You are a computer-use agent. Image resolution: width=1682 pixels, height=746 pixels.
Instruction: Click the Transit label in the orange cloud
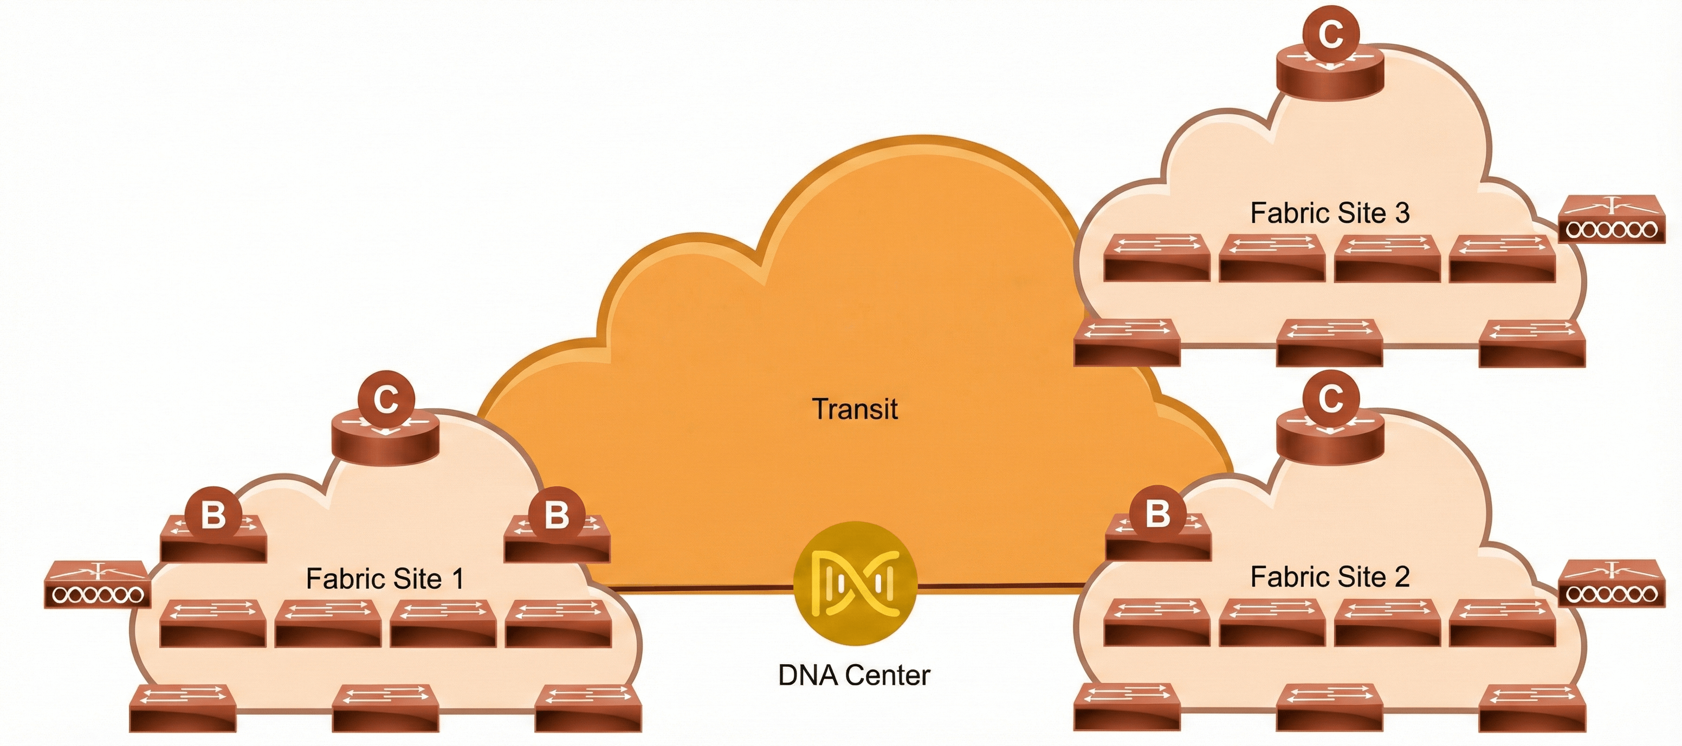tap(854, 409)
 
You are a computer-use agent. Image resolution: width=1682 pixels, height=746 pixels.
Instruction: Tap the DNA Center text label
tap(854, 676)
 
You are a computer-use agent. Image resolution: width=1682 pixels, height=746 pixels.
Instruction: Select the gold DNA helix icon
tap(855, 583)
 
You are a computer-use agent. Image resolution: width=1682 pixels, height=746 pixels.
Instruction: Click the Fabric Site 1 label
tap(385, 579)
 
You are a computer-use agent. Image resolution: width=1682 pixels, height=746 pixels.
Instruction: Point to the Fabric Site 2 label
tap(1329, 577)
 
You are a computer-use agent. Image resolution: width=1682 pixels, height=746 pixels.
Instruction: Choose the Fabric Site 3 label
tap(1329, 213)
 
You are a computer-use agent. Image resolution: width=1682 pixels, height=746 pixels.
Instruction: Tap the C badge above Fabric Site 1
tap(386, 398)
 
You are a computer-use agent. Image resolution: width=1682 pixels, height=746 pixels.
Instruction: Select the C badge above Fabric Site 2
tap(1330, 397)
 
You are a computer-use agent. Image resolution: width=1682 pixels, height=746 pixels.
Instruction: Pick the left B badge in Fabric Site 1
tap(213, 515)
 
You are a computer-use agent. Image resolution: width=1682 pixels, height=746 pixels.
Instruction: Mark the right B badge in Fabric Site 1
tap(557, 515)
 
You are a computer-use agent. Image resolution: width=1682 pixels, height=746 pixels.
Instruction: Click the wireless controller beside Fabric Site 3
tap(1610, 220)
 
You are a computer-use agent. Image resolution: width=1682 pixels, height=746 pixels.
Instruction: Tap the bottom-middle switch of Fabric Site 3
tap(1329, 343)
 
